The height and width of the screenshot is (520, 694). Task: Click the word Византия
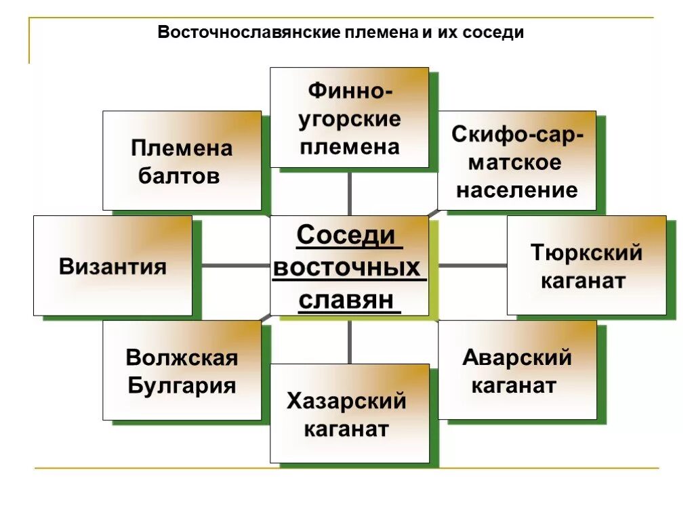click(113, 266)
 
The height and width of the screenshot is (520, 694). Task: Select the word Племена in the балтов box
click(182, 148)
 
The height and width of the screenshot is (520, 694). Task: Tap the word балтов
click(180, 176)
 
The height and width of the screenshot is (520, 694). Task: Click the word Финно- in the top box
click(350, 90)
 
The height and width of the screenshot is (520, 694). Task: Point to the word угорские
click(350, 119)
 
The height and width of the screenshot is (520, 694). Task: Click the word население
click(517, 190)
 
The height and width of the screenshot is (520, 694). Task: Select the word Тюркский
click(586, 253)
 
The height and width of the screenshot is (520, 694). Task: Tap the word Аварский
click(517, 357)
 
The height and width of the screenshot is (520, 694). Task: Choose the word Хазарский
click(346, 401)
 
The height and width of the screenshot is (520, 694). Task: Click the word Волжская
click(182, 357)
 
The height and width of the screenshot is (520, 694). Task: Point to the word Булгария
click(182, 387)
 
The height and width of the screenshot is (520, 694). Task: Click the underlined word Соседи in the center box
click(346, 236)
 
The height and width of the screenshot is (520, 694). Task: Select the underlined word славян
click(346, 299)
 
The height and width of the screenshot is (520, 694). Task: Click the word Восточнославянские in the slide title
click(248, 32)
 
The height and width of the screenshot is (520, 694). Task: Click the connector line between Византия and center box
click(231, 266)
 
